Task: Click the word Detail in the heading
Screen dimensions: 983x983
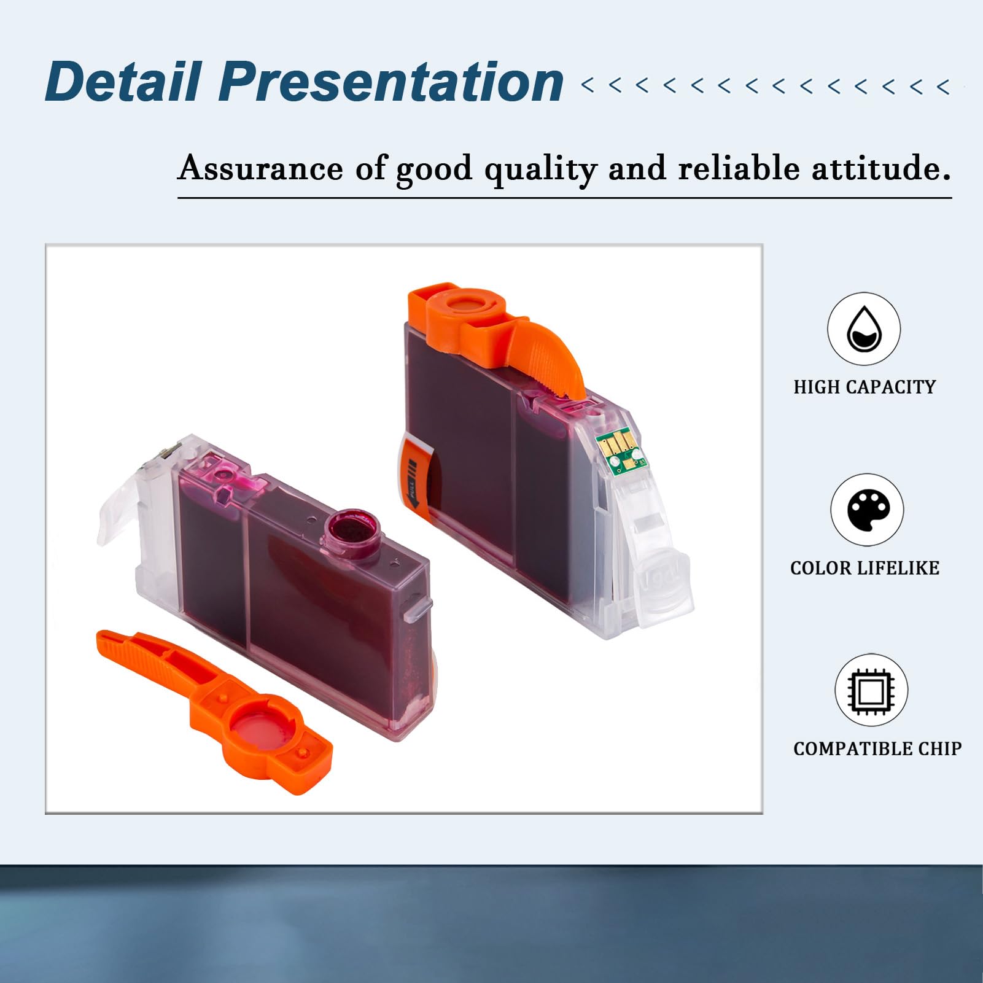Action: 123,82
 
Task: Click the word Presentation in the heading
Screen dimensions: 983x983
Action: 390,82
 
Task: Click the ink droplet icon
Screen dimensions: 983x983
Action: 864,329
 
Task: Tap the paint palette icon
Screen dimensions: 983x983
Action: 867,510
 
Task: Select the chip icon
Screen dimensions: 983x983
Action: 871,690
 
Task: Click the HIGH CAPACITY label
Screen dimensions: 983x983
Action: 864,387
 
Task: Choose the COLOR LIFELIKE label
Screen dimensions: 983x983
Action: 864,568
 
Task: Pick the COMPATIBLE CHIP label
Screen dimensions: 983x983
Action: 877,748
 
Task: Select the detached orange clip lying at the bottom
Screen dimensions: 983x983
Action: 214,711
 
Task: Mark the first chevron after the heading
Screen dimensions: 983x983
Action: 588,85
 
